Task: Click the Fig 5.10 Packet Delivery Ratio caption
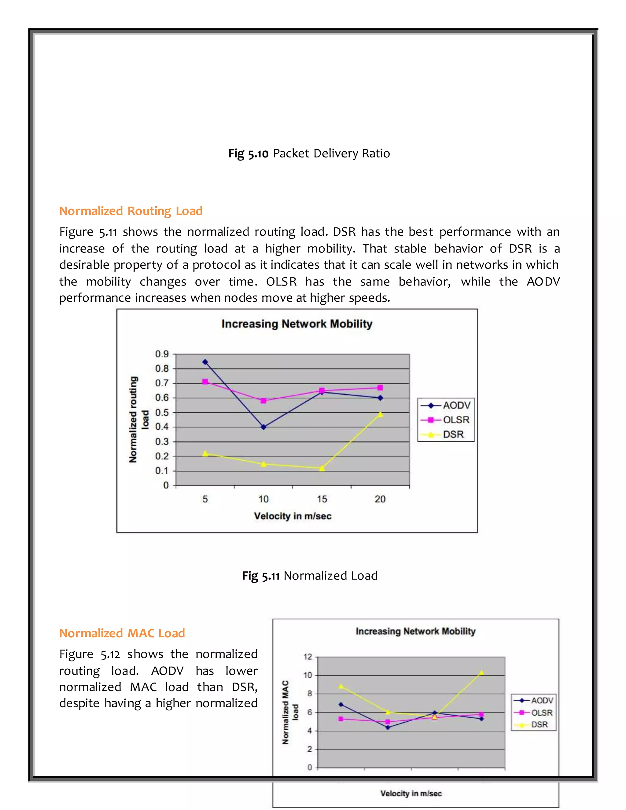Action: point(309,153)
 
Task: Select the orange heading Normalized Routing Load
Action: point(131,211)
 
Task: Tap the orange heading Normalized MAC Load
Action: point(122,633)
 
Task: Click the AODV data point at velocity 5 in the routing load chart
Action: point(205,362)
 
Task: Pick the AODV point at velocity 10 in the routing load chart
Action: point(263,427)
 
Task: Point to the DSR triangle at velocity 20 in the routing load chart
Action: point(380,414)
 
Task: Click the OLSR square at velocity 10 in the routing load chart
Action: point(263,400)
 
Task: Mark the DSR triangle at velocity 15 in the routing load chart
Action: point(322,468)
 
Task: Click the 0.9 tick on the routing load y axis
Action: point(162,354)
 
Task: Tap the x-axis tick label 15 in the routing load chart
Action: point(322,499)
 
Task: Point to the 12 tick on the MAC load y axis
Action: point(308,657)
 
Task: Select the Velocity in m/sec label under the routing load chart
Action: point(293,516)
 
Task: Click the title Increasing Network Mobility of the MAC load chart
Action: point(415,631)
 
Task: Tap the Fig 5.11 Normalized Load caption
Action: point(310,575)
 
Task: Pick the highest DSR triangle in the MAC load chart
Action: point(481,673)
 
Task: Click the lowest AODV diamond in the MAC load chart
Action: point(388,727)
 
